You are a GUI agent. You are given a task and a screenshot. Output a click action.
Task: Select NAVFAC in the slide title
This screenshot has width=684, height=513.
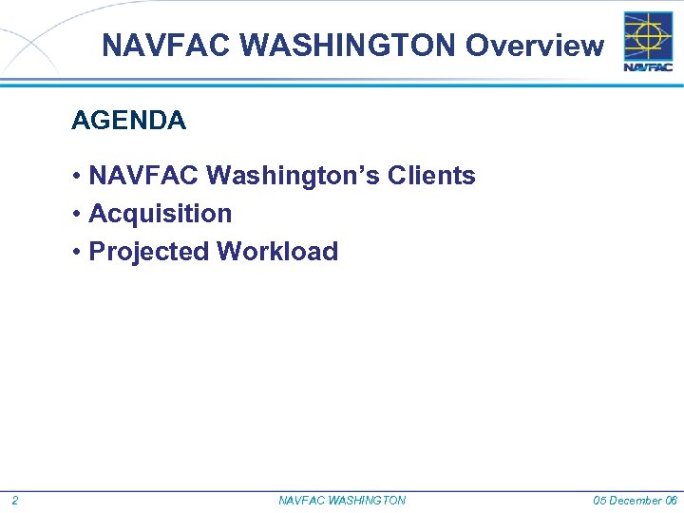tap(148, 45)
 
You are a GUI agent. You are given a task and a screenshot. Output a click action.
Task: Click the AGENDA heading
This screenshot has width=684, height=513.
tap(128, 121)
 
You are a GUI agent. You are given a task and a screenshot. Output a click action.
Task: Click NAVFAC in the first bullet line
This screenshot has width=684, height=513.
tap(143, 176)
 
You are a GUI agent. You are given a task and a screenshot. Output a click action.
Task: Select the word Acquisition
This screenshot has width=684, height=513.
tap(160, 214)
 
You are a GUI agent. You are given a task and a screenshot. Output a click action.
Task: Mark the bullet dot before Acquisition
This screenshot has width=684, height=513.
tap(75, 215)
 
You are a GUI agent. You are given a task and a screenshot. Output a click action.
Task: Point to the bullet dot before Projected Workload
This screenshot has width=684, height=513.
tap(75, 253)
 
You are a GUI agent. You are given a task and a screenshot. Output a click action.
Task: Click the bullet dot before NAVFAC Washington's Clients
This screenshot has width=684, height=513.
tap(75, 177)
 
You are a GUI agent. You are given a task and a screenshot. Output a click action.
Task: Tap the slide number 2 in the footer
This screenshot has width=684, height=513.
tap(15, 501)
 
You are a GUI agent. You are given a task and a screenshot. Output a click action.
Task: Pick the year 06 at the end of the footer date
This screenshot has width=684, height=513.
tap(671, 501)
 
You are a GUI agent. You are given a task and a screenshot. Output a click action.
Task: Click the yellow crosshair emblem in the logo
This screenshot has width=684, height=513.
tap(648, 35)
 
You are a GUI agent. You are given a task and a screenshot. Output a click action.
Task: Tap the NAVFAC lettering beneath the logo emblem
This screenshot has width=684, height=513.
tap(648, 66)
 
